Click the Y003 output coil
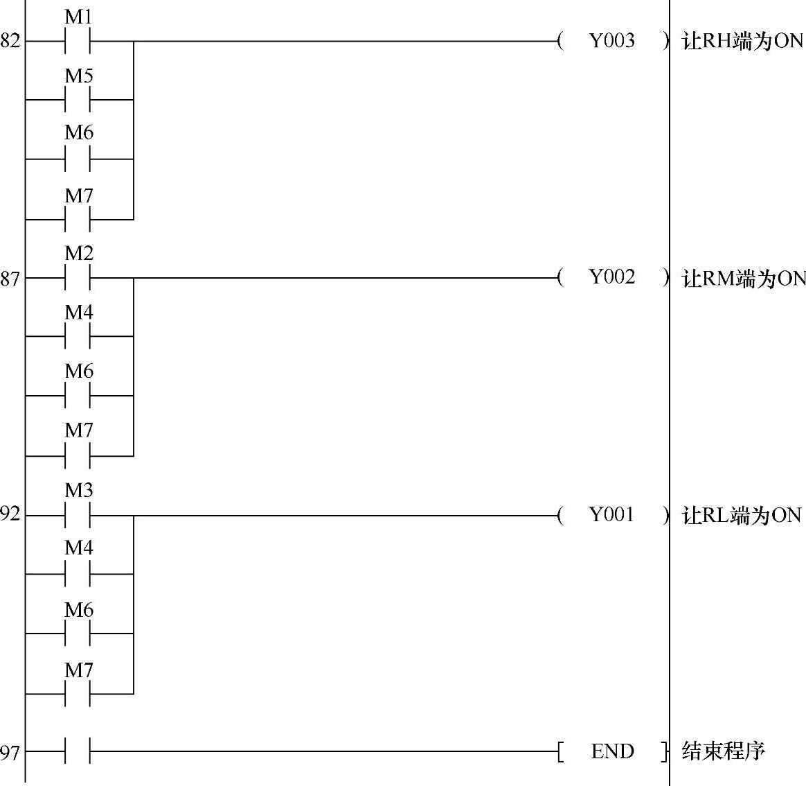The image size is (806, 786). (612, 41)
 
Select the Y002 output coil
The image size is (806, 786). (612, 277)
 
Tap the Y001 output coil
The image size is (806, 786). (612, 514)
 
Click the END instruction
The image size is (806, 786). (613, 751)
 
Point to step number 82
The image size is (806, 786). (10, 42)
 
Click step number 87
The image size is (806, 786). (10, 279)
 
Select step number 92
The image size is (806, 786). (10, 515)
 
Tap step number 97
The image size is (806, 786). (10, 752)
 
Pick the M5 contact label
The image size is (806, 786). (79, 76)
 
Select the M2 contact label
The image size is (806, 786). (79, 254)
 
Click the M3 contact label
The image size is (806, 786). (79, 491)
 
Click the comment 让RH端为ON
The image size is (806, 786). (743, 42)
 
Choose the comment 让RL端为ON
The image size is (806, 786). (742, 516)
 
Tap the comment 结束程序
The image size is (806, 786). (724, 751)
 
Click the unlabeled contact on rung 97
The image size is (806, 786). (78, 751)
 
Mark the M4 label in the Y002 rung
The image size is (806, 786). (79, 313)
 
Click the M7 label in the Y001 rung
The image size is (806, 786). (79, 670)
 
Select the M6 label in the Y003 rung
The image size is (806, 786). (79, 132)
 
